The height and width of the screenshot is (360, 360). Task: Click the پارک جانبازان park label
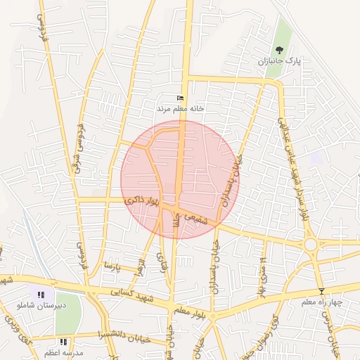tap(281, 61)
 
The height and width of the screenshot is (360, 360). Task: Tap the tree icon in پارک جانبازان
tap(281, 50)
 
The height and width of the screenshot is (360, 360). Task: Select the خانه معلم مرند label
tap(180, 108)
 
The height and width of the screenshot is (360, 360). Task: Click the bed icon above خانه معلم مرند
tap(180, 98)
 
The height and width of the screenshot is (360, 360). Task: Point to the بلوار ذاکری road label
tap(143, 202)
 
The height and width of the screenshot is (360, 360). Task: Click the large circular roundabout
tap(310, 244)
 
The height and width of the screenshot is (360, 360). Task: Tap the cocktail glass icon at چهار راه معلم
tap(322, 291)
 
